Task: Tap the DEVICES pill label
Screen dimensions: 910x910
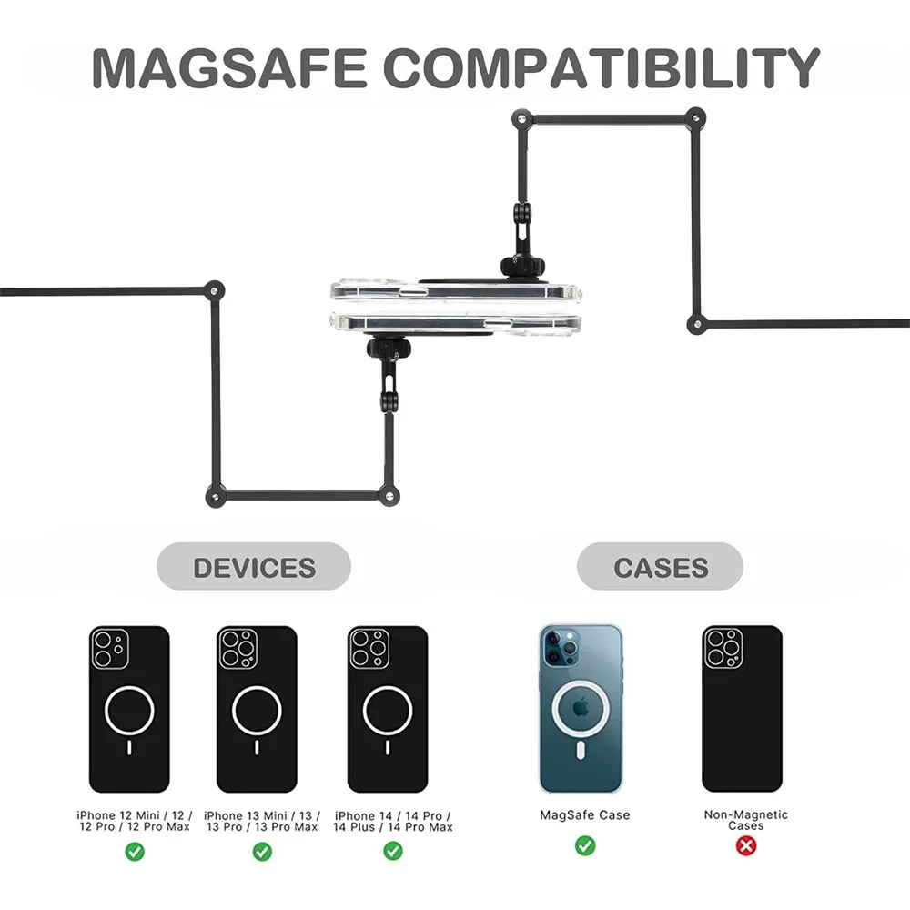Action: (254, 568)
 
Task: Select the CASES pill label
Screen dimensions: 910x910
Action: (661, 568)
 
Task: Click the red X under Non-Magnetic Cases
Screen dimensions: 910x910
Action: (746, 846)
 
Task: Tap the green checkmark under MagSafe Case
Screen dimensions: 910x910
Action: (585, 846)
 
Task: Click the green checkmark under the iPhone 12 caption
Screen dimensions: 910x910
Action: (134, 852)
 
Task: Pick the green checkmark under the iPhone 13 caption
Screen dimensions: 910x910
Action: (262, 852)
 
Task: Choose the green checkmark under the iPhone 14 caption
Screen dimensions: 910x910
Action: (393, 852)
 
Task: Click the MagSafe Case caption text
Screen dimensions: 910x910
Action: (585, 815)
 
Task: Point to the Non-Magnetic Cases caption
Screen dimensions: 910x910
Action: (746, 820)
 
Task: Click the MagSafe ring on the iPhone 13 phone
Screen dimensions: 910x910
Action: (257, 710)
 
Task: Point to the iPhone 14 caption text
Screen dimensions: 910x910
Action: (393, 821)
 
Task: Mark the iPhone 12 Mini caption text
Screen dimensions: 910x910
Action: (134, 821)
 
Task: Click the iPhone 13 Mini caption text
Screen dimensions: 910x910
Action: (262, 821)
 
